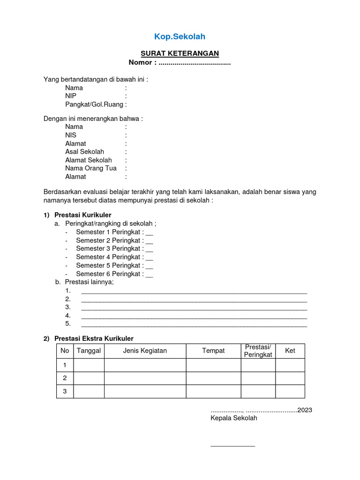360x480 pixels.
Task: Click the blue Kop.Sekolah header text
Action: (x=180, y=37)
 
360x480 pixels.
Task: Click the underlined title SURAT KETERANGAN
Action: (x=180, y=54)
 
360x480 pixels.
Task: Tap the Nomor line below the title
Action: (x=180, y=63)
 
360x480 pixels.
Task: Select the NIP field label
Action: (x=71, y=96)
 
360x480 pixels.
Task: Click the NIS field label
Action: (x=71, y=135)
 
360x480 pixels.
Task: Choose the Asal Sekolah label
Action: (x=84, y=152)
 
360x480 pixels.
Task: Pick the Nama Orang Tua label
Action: (x=90, y=168)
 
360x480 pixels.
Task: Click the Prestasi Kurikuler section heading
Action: (x=83, y=215)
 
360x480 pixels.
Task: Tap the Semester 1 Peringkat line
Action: (x=114, y=232)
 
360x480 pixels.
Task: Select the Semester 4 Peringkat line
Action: (x=114, y=257)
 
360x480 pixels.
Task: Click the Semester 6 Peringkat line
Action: (x=114, y=274)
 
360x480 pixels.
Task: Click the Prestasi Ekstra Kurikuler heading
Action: (x=94, y=338)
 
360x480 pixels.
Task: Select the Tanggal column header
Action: (x=89, y=351)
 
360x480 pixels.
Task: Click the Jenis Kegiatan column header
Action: (x=145, y=351)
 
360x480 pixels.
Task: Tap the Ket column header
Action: (x=290, y=351)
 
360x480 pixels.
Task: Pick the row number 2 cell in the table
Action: (x=65, y=378)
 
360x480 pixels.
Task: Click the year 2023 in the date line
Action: (x=305, y=410)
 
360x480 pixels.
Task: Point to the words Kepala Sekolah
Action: (x=234, y=418)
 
